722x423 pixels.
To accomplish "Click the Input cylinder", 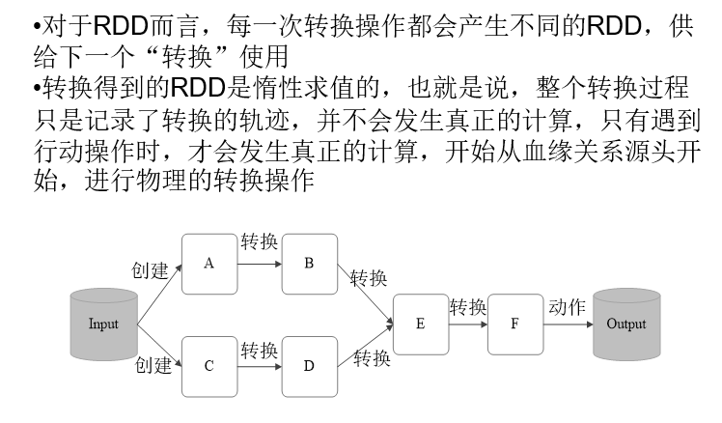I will point(103,324).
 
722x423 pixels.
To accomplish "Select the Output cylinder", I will point(625,324).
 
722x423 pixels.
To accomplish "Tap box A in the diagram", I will point(208,263).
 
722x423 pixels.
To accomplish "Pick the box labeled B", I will point(309,263).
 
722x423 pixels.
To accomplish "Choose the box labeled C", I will point(208,366).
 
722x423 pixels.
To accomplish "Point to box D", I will point(309,366).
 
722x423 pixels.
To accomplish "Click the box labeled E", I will point(420,324).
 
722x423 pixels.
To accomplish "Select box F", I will point(516,324).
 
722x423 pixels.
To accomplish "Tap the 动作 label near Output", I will point(567,307).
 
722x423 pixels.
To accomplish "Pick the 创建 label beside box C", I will point(153,364).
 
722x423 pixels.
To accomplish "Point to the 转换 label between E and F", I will point(468,307).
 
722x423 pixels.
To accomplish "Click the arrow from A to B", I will point(259,263).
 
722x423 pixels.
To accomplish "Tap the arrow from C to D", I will point(259,366).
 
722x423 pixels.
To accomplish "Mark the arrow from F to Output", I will point(569,324).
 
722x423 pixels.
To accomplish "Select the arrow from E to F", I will point(468,324).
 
